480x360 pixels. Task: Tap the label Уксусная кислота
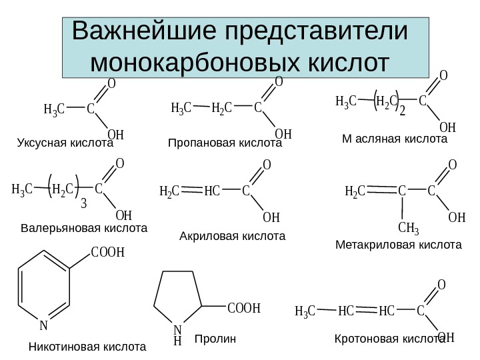pyautogui.click(x=65, y=143)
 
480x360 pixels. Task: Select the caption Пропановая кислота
pyautogui.click(x=225, y=143)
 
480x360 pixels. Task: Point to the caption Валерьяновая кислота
pyautogui.click(x=83, y=228)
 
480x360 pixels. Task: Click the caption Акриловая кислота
pyautogui.click(x=232, y=236)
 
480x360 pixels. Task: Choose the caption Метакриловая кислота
pyautogui.click(x=398, y=245)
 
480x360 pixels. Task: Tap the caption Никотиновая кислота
pyautogui.click(x=87, y=347)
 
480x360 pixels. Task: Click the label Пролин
pyautogui.click(x=215, y=339)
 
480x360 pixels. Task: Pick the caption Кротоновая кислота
pyautogui.click(x=389, y=339)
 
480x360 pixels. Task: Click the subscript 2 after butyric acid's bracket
pyautogui.click(x=402, y=111)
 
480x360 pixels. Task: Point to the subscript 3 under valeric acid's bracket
pyautogui.click(x=83, y=203)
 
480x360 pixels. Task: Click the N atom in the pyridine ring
pyautogui.click(x=43, y=326)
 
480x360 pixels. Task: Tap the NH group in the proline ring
pyautogui.click(x=177, y=335)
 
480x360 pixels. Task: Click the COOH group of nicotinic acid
pyautogui.click(x=108, y=252)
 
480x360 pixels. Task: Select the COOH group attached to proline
pyautogui.click(x=243, y=309)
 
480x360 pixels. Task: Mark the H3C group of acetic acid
pyautogui.click(x=53, y=109)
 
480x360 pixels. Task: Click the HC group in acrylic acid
pyautogui.click(x=212, y=192)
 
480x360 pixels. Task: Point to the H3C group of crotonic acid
pyautogui.click(x=305, y=311)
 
